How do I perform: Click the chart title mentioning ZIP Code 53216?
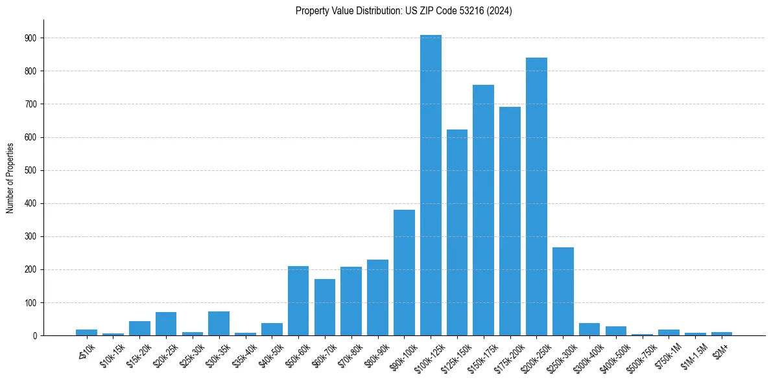coord(403,11)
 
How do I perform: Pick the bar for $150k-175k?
coord(483,210)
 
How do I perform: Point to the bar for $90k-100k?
coord(404,273)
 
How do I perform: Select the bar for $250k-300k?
coord(563,291)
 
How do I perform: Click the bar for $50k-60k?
coord(298,301)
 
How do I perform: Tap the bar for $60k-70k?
coord(325,308)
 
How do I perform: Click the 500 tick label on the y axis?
coord(31,171)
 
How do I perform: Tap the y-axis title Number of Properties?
coord(10,177)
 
